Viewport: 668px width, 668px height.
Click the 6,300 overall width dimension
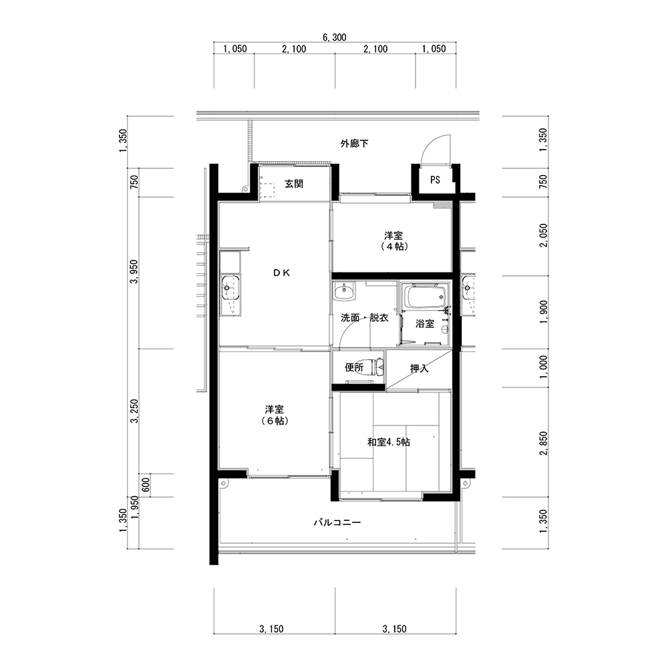[335, 37]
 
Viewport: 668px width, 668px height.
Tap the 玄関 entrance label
[294, 184]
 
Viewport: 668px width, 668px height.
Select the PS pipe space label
[435, 180]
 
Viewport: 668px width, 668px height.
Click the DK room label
[282, 273]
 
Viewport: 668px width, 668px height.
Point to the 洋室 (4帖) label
[393, 240]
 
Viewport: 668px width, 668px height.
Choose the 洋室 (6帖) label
[275, 415]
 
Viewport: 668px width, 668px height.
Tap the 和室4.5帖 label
[389, 442]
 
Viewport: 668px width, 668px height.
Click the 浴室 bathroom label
[425, 324]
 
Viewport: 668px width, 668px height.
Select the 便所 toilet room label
[354, 367]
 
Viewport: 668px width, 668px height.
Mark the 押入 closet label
[420, 369]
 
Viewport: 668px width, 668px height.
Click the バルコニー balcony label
[337, 522]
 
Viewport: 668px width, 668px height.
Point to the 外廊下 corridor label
[354, 144]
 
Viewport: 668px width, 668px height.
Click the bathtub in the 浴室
[425, 297]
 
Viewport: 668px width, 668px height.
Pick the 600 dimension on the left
[145, 485]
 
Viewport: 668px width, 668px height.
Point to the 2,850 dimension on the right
[543, 443]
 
